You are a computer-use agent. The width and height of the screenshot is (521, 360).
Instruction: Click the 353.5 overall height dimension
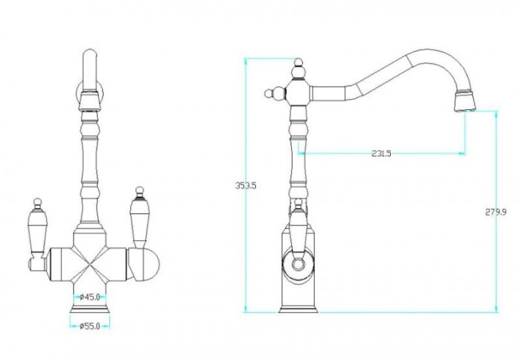click(x=246, y=185)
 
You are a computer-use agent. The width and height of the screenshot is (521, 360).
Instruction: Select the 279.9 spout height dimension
click(x=496, y=212)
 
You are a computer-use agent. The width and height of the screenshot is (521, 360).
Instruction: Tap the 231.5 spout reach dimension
click(x=381, y=153)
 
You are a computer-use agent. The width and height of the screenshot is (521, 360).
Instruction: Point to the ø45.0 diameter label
click(x=90, y=297)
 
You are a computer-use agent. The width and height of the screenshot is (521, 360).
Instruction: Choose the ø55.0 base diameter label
click(x=90, y=326)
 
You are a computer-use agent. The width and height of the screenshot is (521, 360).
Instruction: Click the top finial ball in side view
click(x=298, y=63)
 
